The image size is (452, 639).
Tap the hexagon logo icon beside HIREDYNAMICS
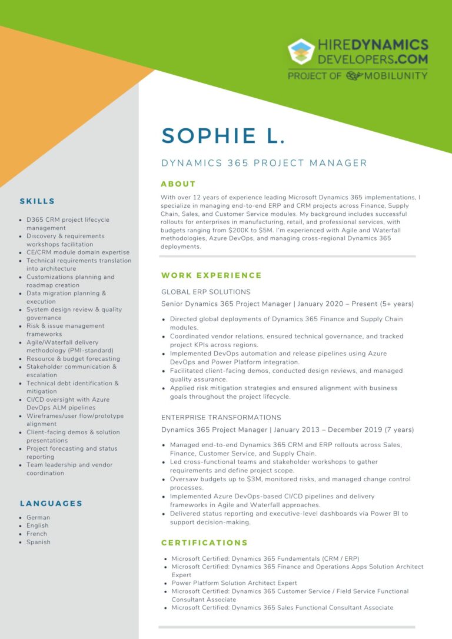tap(301, 52)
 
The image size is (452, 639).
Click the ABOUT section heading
tap(178, 184)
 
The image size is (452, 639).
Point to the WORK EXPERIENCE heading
tap(211, 275)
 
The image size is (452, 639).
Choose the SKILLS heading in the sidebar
tap(37, 201)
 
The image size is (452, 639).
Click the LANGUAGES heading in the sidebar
tap(51, 504)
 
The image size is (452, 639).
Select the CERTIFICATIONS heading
tap(204, 543)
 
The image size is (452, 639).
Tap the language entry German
tap(38, 517)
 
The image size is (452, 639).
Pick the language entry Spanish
tap(38, 542)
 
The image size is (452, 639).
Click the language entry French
tap(37, 534)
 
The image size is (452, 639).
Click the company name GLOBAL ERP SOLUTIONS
tap(206, 292)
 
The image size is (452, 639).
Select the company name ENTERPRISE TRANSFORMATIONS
tap(221, 417)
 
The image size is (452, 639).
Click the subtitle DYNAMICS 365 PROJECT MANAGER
tap(264, 164)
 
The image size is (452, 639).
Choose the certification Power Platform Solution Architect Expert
tap(234, 583)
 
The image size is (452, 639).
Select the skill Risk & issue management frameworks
tap(65, 330)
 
